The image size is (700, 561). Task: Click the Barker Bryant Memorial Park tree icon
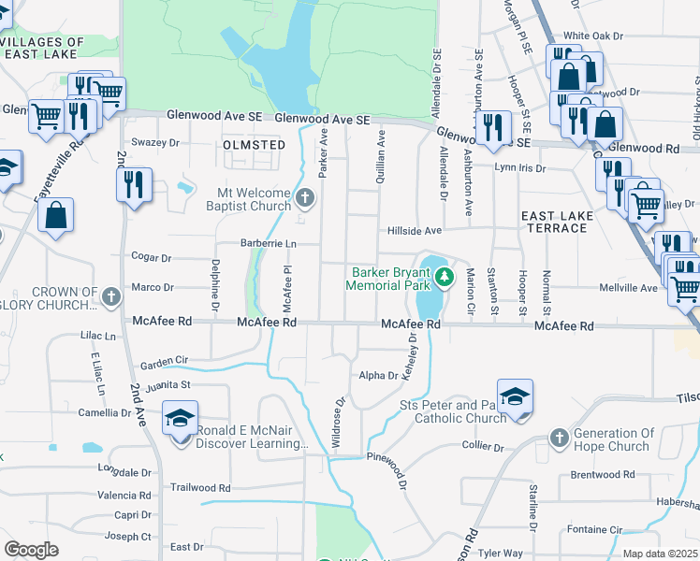(x=446, y=276)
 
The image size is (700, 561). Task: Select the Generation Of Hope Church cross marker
(x=559, y=438)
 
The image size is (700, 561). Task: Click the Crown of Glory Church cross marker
(x=110, y=297)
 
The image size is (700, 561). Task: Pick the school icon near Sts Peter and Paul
(x=515, y=397)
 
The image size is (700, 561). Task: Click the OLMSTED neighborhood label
(x=254, y=145)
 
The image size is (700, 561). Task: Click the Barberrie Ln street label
(x=265, y=243)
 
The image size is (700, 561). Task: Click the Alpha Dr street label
(x=379, y=375)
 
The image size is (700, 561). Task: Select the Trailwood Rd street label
(x=200, y=487)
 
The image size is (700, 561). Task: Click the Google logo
(x=31, y=550)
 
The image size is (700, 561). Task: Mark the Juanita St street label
(x=166, y=383)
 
